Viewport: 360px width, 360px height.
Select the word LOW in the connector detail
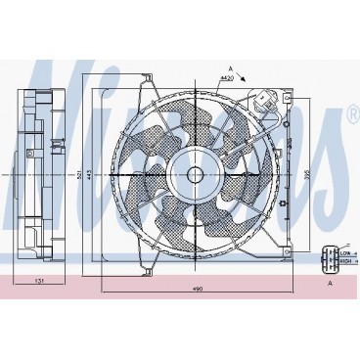coord(344,253)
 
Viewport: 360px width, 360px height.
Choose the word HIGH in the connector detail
coord(344,262)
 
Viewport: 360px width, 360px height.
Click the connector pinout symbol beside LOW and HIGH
coord(326,258)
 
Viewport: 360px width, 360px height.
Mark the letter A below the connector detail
coord(331,282)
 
